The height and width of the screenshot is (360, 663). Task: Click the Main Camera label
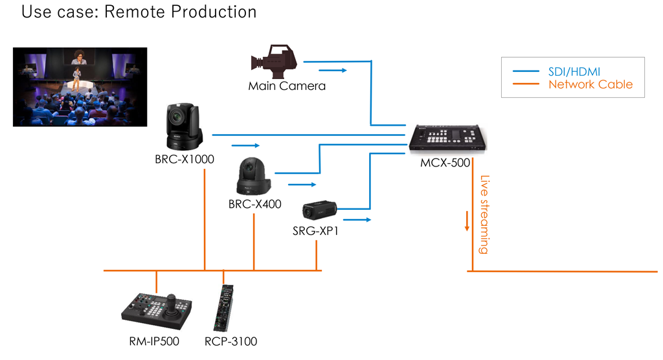pyautogui.click(x=287, y=85)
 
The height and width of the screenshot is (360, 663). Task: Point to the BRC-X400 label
pyautogui.click(x=254, y=205)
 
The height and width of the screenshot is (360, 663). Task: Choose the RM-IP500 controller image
pyautogui.click(x=157, y=310)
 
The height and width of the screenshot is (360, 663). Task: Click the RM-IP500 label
pyautogui.click(x=153, y=341)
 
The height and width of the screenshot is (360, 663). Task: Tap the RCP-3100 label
pyautogui.click(x=230, y=341)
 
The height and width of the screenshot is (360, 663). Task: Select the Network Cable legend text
pyautogui.click(x=590, y=84)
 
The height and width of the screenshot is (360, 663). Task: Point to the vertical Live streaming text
pyautogui.click(x=484, y=214)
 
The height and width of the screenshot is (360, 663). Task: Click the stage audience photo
pyautogui.click(x=80, y=86)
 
